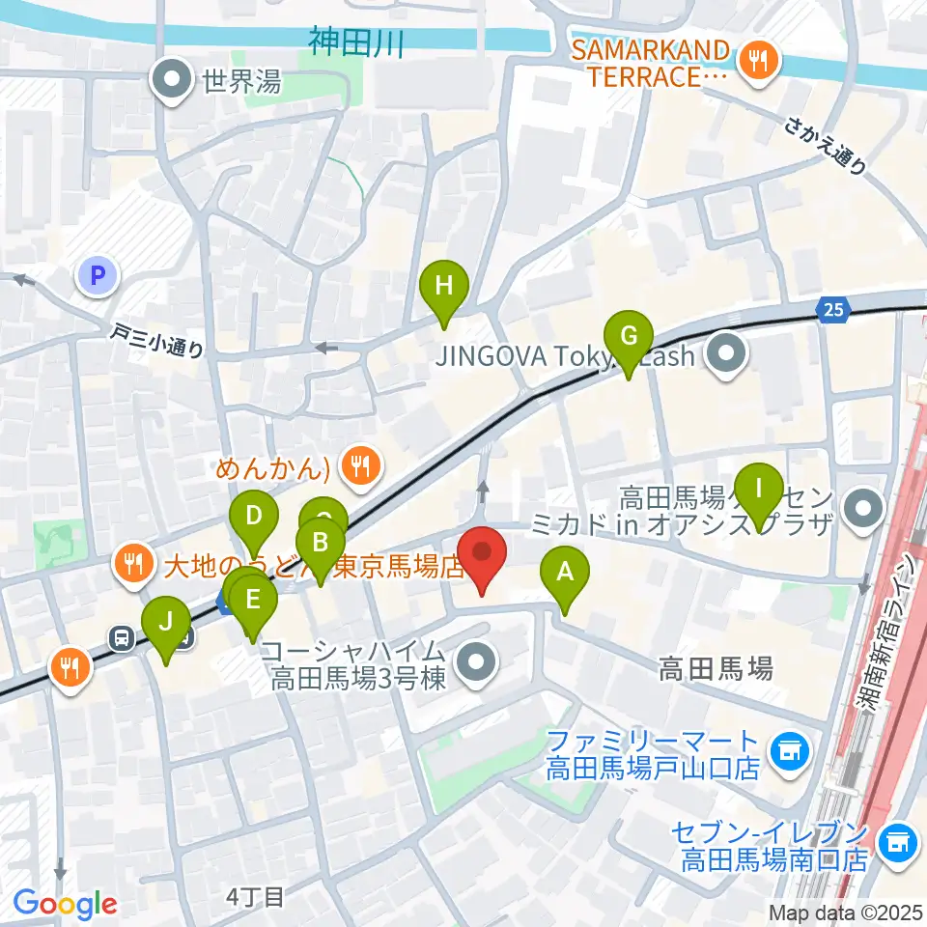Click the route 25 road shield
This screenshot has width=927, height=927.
tap(832, 309)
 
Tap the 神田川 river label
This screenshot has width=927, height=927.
tap(354, 42)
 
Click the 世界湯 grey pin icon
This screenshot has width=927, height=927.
tap(174, 82)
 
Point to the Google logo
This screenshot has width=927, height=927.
tap(65, 904)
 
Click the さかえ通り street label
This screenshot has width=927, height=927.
tap(826, 145)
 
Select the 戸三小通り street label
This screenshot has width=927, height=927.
tap(156, 342)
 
